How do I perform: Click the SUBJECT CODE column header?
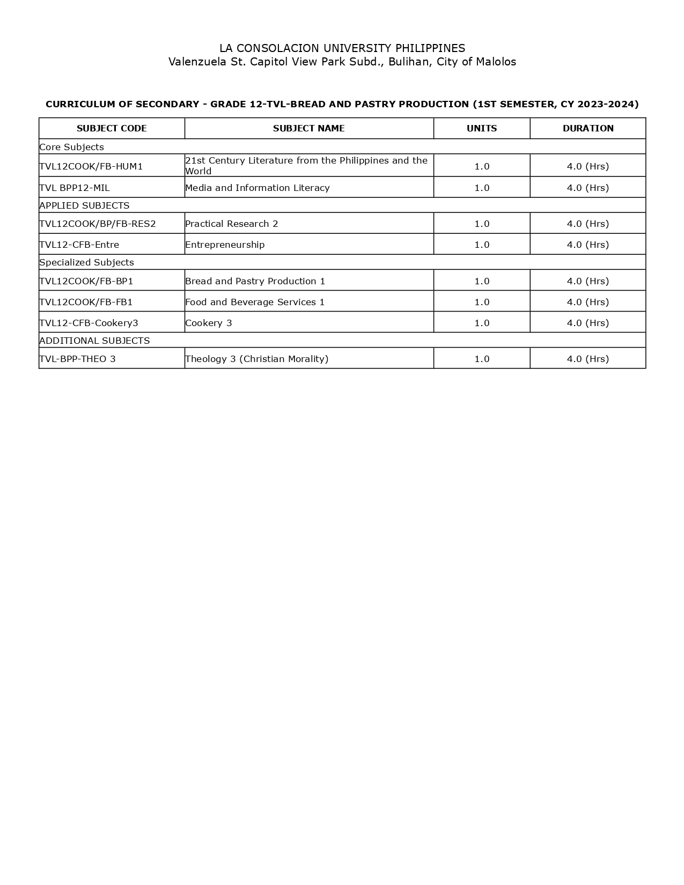(112, 128)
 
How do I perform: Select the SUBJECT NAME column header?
(308, 128)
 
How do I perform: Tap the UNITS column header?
(482, 128)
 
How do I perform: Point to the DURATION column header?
(588, 128)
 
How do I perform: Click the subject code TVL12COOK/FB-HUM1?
(91, 166)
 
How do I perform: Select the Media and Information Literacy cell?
(258, 188)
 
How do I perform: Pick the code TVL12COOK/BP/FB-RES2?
(98, 224)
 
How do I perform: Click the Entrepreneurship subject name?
(225, 245)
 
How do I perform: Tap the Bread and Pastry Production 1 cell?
(255, 281)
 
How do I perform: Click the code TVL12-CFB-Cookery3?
(89, 323)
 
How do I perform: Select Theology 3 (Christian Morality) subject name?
(257, 359)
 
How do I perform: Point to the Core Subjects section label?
(72, 147)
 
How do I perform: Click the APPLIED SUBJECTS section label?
(85, 205)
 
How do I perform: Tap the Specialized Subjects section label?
(87, 262)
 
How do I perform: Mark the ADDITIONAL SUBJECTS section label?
(95, 341)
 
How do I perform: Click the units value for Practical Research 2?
(482, 224)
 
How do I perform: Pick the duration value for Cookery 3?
(588, 323)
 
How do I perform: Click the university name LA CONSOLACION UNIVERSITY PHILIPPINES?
(342, 48)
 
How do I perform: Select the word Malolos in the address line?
(496, 62)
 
